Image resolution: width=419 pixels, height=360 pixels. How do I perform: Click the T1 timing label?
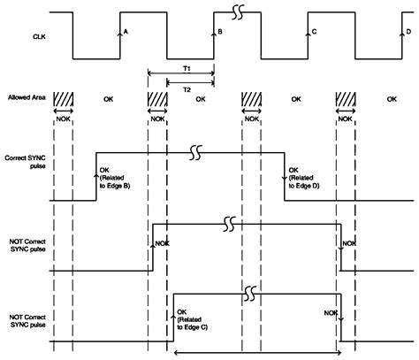(187, 68)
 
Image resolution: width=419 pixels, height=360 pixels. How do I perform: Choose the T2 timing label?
(187, 89)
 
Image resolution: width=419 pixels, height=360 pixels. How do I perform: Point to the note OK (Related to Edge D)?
(306, 181)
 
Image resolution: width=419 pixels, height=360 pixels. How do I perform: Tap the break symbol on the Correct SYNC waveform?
(196, 153)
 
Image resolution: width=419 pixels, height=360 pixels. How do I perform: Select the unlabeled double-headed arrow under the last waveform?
(257, 353)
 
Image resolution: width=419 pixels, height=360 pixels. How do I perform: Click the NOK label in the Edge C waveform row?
(330, 312)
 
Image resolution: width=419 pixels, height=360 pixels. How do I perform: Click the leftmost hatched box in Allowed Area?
(62, 100)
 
